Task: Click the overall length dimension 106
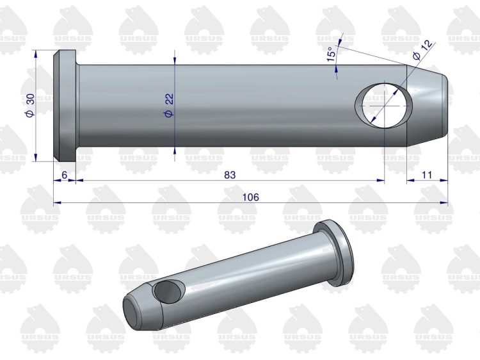coord(250,197)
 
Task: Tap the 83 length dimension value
coord(230,175)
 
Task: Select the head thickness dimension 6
coord(64,175)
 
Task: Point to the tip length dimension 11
coord(427,175)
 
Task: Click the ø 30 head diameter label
coord(30,105)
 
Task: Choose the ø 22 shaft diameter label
coord(169,105)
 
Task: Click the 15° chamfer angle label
coord(332,54)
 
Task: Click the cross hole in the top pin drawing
coord(383,105)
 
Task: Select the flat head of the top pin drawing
coord(65,106)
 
